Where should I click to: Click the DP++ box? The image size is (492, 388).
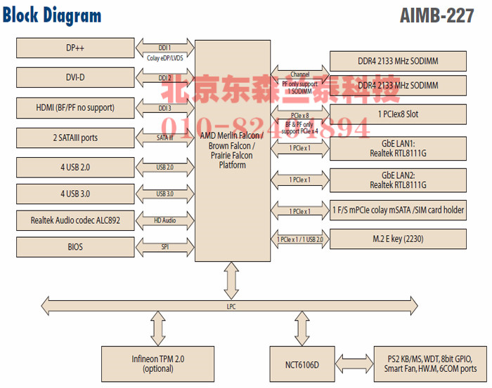coord(75,48)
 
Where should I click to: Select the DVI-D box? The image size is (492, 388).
coord(75,78)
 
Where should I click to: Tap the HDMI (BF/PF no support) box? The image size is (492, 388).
coord(75,108)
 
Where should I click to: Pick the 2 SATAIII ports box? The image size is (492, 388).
coord(75,138)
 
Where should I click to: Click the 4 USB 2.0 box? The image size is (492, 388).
coord(75,168)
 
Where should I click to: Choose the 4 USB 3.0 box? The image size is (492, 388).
coord(75,194)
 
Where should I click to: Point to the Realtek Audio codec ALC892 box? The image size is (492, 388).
coord(75,220)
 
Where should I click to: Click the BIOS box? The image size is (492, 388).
coord(75,247)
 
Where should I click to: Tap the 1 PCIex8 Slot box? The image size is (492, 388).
coord(397,114)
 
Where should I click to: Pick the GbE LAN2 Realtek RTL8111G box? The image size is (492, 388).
coord(397,180)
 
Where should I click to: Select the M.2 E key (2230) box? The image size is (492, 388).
coord(397,239)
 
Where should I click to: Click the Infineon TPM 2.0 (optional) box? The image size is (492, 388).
coord(158,363)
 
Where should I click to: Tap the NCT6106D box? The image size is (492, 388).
coord(302,364)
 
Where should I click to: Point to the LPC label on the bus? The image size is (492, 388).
coord(231,307)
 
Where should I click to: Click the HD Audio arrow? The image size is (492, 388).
coord(164,220)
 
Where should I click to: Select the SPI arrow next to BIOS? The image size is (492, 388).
coord(164,247)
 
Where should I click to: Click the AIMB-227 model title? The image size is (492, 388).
coord(436,16)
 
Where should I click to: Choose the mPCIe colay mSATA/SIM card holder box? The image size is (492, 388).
coord(397,210)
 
